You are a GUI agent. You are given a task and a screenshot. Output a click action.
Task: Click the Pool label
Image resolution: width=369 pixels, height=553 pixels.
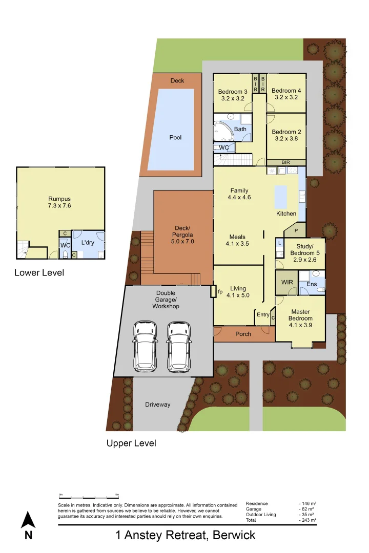[175, 137]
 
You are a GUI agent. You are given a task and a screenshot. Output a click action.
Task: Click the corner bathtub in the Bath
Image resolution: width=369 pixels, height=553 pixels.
[224, 132]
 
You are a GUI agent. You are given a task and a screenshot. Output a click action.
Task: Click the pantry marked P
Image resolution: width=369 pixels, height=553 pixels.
[296, 230]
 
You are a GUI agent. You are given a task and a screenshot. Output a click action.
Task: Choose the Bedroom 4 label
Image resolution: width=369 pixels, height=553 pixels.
[286, 94]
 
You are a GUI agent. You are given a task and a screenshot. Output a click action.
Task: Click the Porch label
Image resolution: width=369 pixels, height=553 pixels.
[243, 334]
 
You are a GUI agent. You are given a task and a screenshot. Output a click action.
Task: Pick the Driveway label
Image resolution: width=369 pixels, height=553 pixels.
[157, 405]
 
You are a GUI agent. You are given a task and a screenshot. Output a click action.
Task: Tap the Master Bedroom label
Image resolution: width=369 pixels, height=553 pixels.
[300, 318]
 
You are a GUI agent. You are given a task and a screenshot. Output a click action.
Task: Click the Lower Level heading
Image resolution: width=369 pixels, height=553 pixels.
[39, 273]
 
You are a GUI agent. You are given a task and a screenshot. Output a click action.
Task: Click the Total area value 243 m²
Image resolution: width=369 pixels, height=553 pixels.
[308, 520]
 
